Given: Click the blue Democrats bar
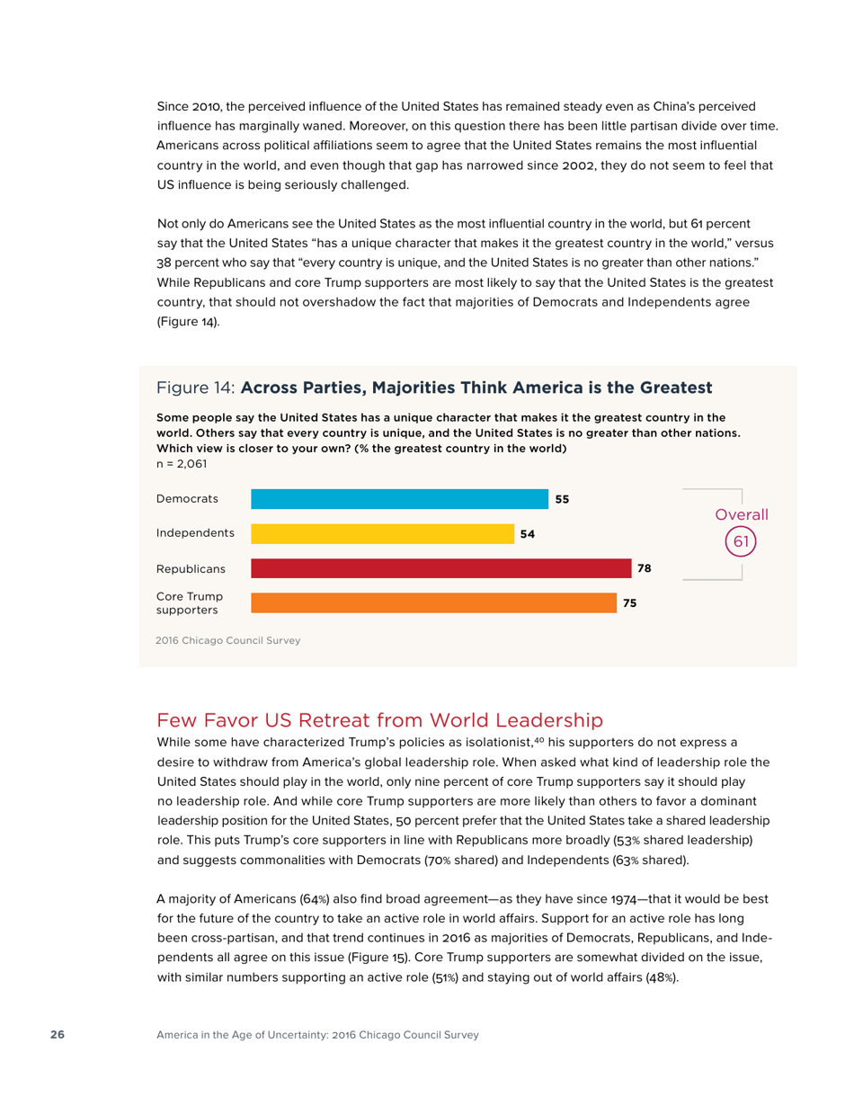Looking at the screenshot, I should pyautogui.click(x=399, y=499).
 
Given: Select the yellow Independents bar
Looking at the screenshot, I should pyautogui.click(x=382, y=533).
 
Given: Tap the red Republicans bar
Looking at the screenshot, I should pyautogui.click(x=440, y=568).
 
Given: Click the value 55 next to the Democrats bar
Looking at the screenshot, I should pyautogui.click(x=563, y=499).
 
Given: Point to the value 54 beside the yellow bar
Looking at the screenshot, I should pyautogui.click(x=528, y=534).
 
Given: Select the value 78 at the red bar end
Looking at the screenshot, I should pyautogui.click(x=644, y=568).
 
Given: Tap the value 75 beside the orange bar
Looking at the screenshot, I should pyautogui.click(x=630, y=603).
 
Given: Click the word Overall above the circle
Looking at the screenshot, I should pyautogui.click(x=742, y=515).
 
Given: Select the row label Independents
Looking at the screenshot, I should pyautogui.click(x=195, y=533).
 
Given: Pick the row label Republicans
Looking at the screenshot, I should pyautogui.click(x=191, y=568).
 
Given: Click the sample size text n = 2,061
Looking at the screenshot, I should pyautogui.click(x=182, y=464).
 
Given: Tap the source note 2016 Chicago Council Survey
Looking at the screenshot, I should pyautogui.click(x=228, y=641).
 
